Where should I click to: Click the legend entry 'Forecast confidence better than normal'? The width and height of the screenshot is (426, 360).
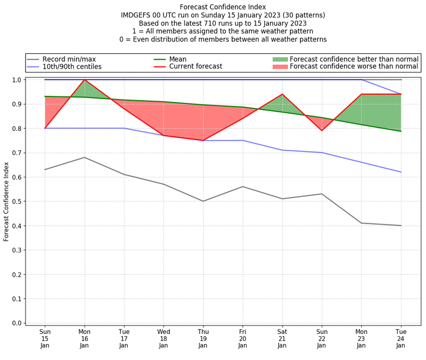coord(354,59)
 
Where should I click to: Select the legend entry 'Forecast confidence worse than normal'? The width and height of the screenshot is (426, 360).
coord(354,67)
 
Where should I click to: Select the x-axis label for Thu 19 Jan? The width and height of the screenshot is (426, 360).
coord(203,338)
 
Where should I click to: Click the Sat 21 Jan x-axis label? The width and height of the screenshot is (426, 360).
coord(282,338)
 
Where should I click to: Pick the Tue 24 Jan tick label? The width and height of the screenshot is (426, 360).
coord(401,338)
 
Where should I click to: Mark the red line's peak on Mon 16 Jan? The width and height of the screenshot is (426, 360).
coord(84,80)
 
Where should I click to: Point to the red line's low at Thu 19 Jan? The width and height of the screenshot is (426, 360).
coord(203,141)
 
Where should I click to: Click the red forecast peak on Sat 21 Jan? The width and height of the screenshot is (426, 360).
coord(282,94)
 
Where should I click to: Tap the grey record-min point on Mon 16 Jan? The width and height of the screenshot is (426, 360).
coord(84,157)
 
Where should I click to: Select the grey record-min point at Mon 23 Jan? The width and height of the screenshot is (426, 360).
coord(362,223)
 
